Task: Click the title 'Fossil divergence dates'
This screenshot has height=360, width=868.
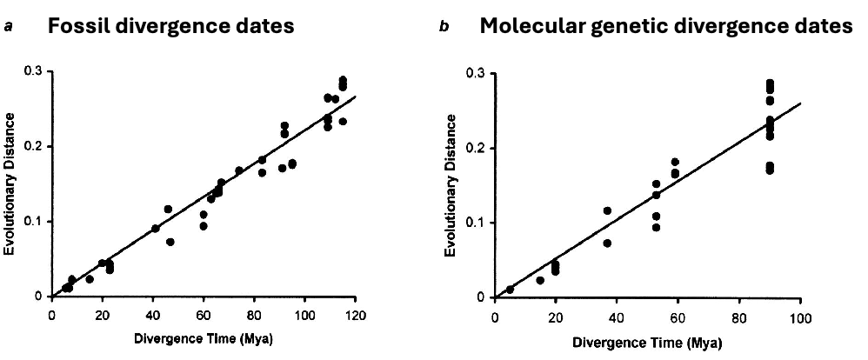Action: pyautogui.click(x=170, y=27)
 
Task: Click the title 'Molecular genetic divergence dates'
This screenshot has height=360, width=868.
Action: pyautogui.click(x=666, y=27)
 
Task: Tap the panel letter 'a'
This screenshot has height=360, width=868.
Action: pyautogui.click(x=8, y=28)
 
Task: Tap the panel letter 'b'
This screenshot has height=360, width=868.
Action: pyautogui.click(x=444, y=28)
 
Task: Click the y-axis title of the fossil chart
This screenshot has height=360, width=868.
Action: pyautogui.click(x=10, y=184)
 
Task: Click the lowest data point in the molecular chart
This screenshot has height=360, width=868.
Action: pyautogui.click(x=510, y=290)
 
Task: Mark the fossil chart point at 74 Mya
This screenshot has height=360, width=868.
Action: pyautogui.click(x=238, y=170)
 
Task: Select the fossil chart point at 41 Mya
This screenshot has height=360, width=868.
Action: pyautogui.click(x=156, y=229)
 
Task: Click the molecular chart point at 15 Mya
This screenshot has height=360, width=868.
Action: pyautogui.click(x=540, y=280)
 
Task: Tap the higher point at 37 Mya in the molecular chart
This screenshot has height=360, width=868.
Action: pyautogui.click(x=607, y=210)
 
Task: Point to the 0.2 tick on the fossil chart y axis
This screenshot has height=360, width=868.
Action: pyautogui.click(x=34, y=147)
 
